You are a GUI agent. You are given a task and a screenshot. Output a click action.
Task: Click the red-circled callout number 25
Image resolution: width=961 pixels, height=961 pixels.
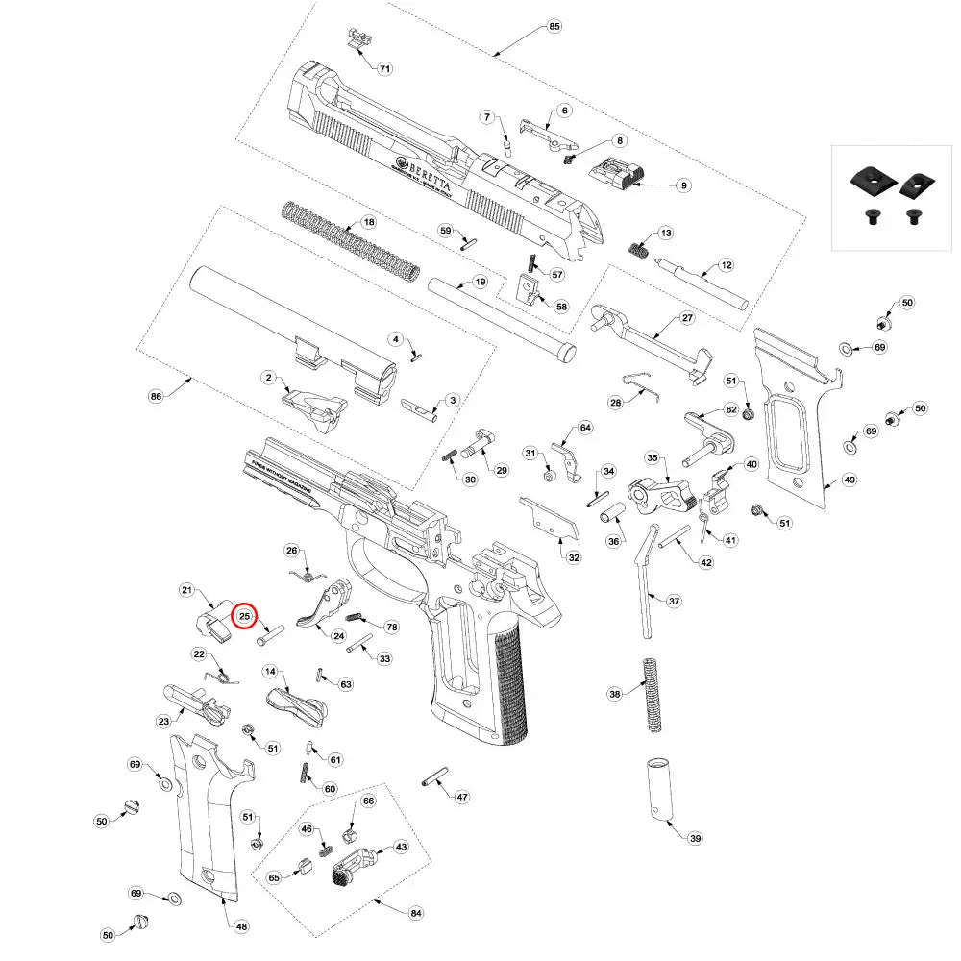coord(244,616)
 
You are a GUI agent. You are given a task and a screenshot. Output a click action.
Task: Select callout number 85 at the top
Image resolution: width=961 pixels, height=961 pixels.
coord(554,26)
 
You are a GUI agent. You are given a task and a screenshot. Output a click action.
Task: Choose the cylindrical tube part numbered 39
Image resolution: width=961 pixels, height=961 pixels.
coord(660,791)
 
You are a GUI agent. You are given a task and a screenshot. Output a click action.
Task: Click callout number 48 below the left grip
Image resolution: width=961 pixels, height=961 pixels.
coord(241,926)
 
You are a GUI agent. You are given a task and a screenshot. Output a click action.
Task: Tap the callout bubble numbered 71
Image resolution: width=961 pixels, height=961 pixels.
coord(384,69)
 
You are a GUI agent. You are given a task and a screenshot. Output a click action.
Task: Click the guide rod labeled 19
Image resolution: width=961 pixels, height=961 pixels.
coord(500,317)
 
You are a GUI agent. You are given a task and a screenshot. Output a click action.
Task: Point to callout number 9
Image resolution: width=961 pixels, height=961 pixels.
coord(683,185)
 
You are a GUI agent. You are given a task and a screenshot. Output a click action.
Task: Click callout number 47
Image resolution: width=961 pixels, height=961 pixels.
coord(462,797)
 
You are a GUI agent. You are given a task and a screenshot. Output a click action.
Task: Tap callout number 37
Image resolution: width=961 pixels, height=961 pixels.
coord(674,601)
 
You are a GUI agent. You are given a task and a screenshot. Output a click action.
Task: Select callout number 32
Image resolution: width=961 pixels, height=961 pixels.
coord(574,557)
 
